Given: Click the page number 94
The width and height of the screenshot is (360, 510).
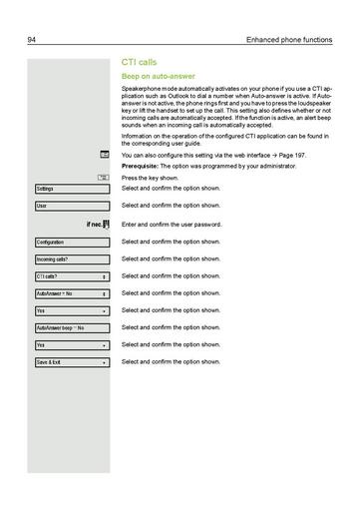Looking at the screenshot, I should point(33,40).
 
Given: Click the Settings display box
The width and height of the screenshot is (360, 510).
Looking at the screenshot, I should point(72,189).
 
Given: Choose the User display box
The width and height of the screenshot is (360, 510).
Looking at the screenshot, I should point(72,206).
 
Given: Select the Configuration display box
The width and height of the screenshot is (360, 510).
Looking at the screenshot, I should point(72,243).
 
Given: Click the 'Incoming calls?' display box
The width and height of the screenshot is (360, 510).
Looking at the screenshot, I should point(72,259).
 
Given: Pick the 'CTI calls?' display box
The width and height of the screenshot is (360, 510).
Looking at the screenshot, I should point(72,276).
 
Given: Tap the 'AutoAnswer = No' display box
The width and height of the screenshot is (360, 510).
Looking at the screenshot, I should point(72,293).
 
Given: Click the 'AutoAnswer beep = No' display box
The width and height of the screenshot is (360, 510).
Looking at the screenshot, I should point(72,327).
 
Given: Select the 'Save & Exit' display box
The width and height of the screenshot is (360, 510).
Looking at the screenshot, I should point(72,362).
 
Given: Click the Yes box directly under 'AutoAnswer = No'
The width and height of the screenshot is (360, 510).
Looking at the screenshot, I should point(72,310).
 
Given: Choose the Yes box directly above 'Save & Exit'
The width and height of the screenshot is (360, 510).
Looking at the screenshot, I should point(72,345).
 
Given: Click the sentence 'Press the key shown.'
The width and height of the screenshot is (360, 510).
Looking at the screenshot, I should point(156,177).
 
